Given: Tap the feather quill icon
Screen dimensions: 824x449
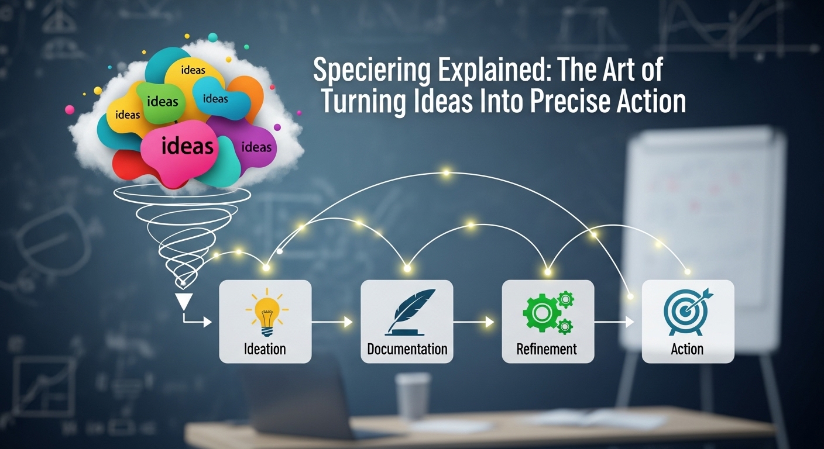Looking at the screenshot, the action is click(410, 312).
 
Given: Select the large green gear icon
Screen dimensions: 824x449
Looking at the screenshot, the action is click(541, 313).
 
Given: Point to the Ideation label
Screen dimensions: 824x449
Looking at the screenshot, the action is click(265, 348).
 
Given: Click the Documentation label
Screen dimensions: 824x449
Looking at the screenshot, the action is click(407, 348).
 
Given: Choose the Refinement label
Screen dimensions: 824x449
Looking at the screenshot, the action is click(546, 348).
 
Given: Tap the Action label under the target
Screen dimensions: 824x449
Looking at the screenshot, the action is click(687, 348).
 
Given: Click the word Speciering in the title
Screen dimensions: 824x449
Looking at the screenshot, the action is click(372, 71).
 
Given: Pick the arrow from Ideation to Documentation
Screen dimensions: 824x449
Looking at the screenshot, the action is click(332, 322).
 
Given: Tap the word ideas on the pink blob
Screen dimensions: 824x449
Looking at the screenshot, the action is click(187, 146).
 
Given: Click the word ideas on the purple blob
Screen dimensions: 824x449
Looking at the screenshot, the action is click(256, 147).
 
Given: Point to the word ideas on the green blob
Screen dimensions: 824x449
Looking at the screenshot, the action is click(162, 101).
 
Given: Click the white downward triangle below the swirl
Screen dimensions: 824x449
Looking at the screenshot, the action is click(184, 301).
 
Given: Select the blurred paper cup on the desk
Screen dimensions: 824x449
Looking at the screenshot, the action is click(413, 396).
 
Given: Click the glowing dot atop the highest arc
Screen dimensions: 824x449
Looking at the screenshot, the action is click(446, 172).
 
